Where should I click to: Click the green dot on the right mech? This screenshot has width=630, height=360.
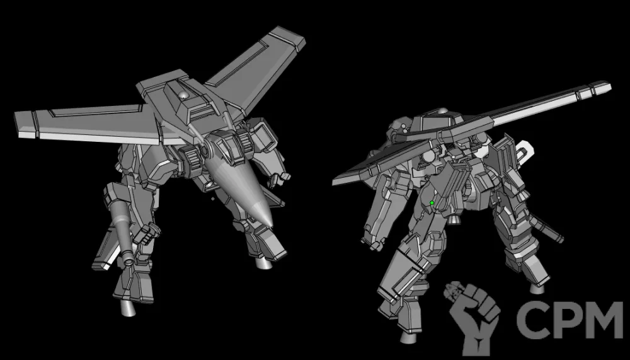[432, 203]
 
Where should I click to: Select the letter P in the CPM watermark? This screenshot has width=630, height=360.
[567, 320]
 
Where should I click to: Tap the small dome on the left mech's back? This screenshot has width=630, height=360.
[183, 95]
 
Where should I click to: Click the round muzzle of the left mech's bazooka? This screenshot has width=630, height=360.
[130, 261]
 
